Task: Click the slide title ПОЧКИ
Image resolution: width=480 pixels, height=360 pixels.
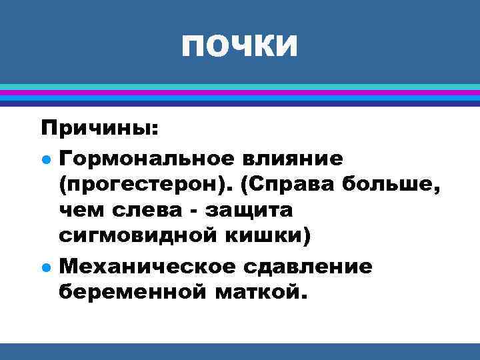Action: (x=239, y=45)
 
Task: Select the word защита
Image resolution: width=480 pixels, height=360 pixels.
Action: (x=249, y=211)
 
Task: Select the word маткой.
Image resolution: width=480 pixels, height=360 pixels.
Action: (x=259, y=291)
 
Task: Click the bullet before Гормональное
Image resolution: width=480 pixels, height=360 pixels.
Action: (x=45, y=159)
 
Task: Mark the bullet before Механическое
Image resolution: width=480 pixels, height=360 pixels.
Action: (x=45, y=267)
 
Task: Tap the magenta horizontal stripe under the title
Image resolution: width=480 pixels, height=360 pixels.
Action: (x=239, y=93)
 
